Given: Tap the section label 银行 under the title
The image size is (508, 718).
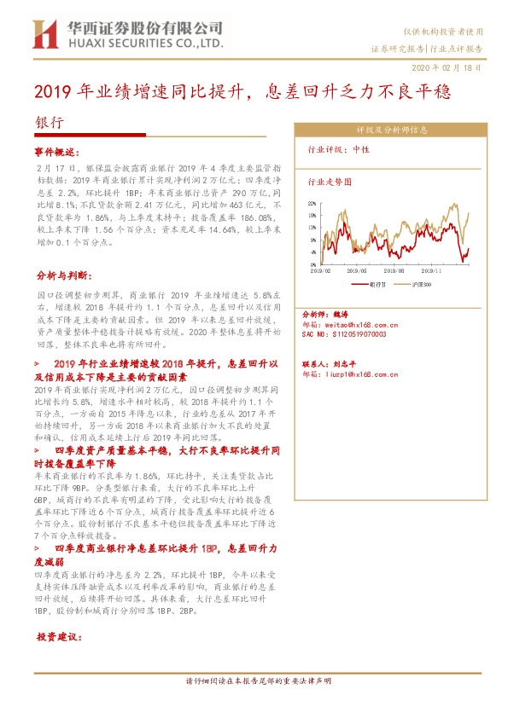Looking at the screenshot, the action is point(50,122).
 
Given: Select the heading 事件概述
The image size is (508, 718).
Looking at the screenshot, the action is point(56,151).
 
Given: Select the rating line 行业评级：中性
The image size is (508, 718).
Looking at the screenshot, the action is point(337,150).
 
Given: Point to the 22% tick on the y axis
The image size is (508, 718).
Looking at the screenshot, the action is point(313,204).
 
